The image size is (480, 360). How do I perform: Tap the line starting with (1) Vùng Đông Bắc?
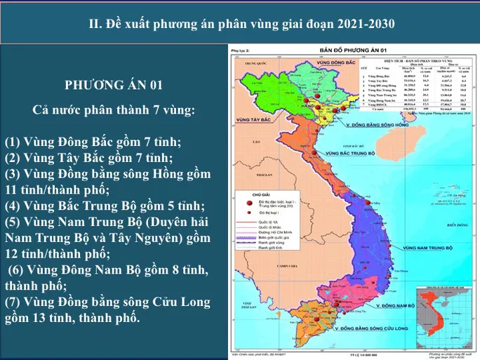[x=93, y=142]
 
